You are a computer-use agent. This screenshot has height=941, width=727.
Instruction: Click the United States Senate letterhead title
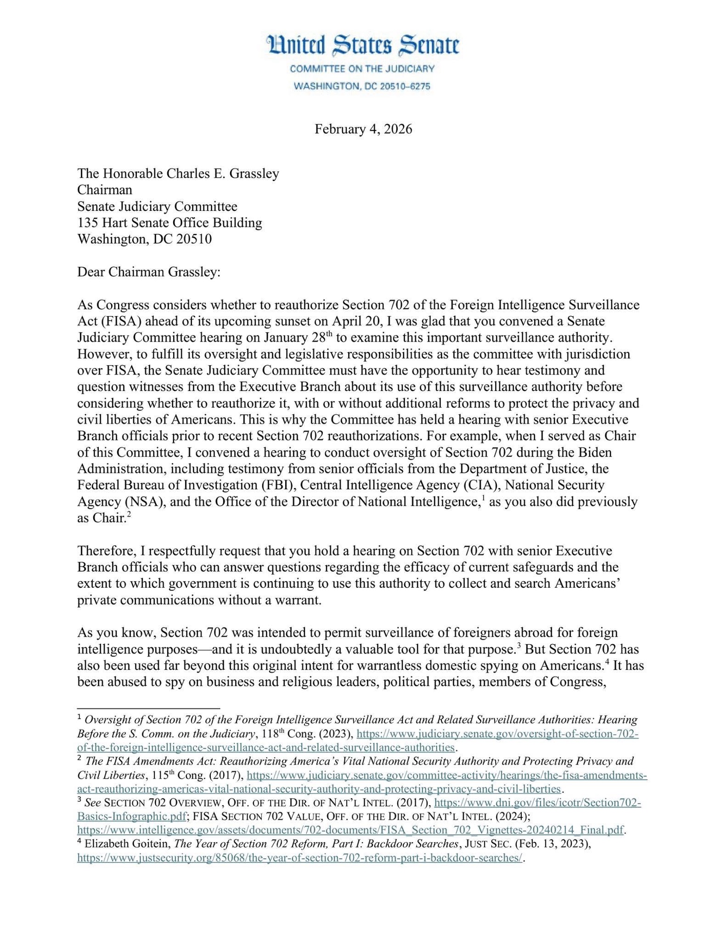tap(362, 46)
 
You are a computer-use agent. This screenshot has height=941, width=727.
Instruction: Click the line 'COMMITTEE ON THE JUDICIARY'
tap(362, 69)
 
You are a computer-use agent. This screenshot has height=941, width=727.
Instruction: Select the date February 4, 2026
tap(363, 129)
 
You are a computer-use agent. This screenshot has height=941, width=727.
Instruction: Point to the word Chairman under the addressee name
tap(104, 190)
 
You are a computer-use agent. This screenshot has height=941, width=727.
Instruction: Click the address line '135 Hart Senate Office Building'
tap(169, 223)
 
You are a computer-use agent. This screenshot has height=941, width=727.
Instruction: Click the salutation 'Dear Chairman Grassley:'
tap(149, 272)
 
